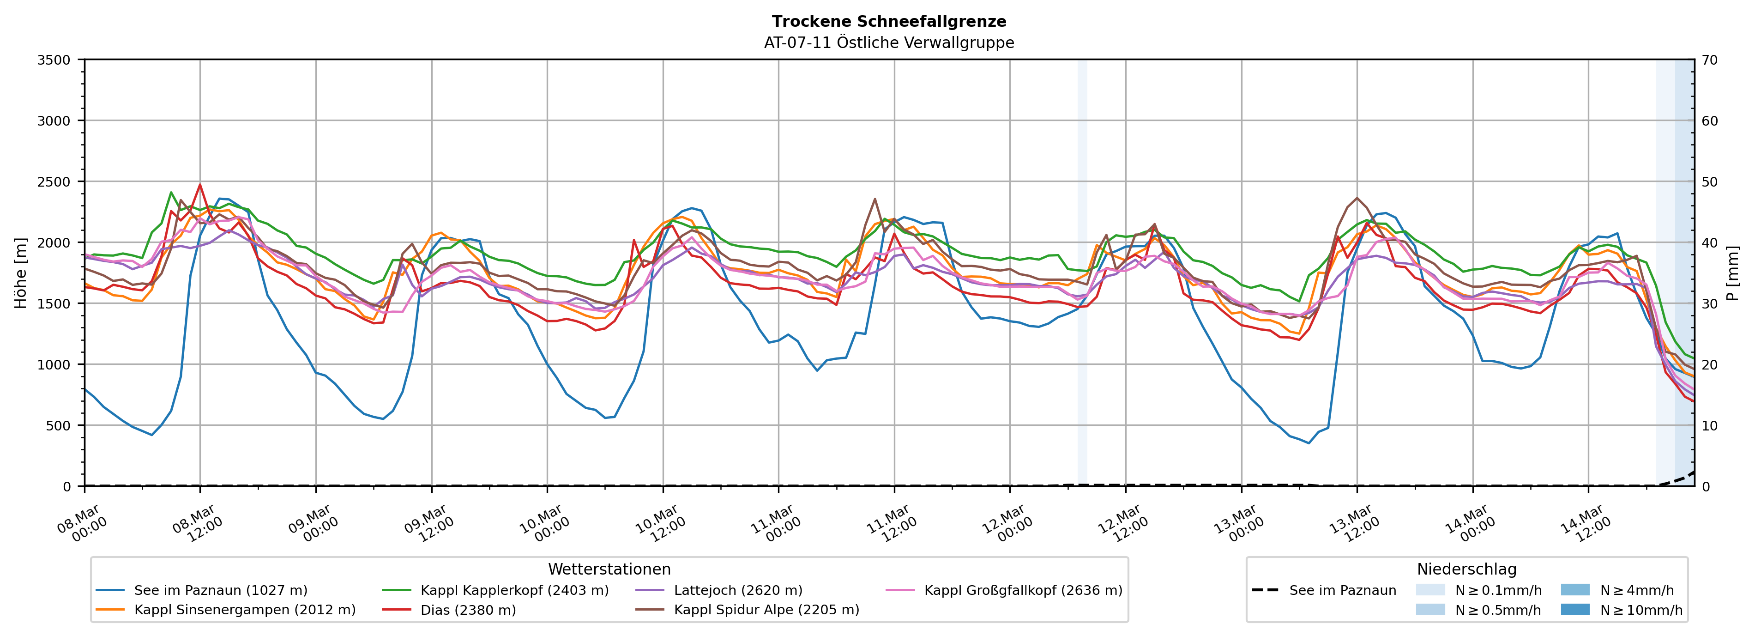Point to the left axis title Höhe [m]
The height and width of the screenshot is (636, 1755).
point(21,273)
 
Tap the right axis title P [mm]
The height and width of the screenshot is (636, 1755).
point(1732,273)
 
